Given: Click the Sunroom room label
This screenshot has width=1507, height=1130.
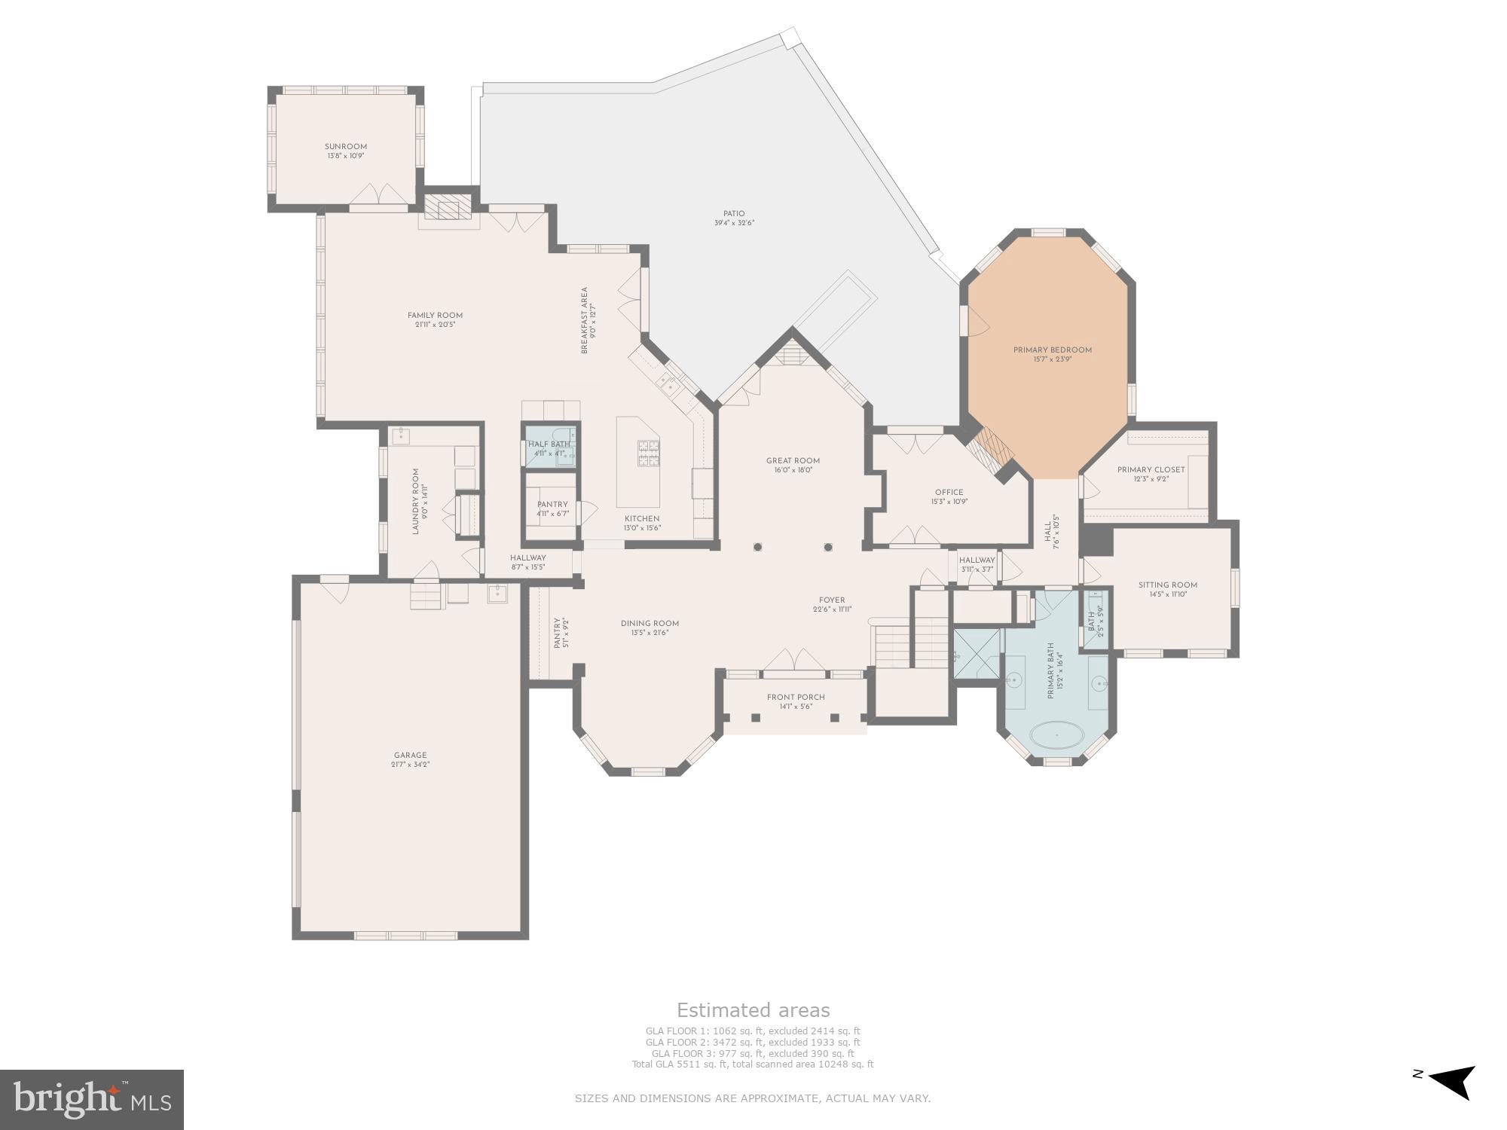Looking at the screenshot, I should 345,147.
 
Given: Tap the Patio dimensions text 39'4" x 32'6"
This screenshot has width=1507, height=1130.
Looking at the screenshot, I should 734,223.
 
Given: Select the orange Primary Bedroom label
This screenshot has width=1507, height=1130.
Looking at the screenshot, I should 1052,350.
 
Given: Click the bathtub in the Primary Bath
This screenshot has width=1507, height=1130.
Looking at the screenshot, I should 1056,734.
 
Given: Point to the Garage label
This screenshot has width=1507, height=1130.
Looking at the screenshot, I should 410,755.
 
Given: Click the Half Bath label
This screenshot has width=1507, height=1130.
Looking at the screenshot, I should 549,444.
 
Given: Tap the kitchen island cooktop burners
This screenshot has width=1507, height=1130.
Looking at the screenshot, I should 648,454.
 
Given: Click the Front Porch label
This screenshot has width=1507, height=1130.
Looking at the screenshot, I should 796,697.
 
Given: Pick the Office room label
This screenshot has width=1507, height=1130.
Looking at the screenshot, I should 949,492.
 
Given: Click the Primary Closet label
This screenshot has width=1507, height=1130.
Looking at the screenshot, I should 1151,469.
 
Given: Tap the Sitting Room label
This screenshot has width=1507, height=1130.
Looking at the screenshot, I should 1167,585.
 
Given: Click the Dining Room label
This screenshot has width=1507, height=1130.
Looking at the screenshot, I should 650,623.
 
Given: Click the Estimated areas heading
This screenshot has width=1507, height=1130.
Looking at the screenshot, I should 753,1010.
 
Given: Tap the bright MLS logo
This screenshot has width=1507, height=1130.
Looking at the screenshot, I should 91,1100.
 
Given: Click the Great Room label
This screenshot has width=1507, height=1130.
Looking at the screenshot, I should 793,460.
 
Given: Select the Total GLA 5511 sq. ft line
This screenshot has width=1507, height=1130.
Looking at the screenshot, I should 752,1064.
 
